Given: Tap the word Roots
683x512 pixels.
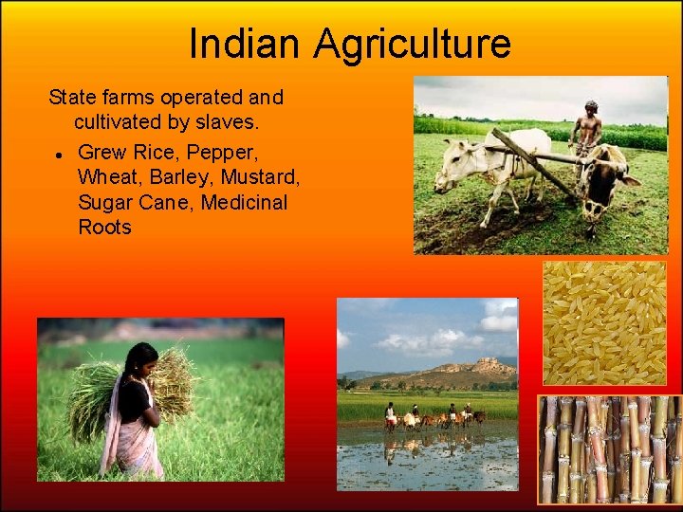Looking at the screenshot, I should pos(104,228).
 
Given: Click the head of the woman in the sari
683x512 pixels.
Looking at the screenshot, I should pos(141,358).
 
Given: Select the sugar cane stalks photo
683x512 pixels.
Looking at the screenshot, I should pos(609,448).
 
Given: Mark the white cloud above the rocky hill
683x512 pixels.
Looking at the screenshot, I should pos(427,341).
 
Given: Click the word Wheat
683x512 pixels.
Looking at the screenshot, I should pos(108,176).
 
